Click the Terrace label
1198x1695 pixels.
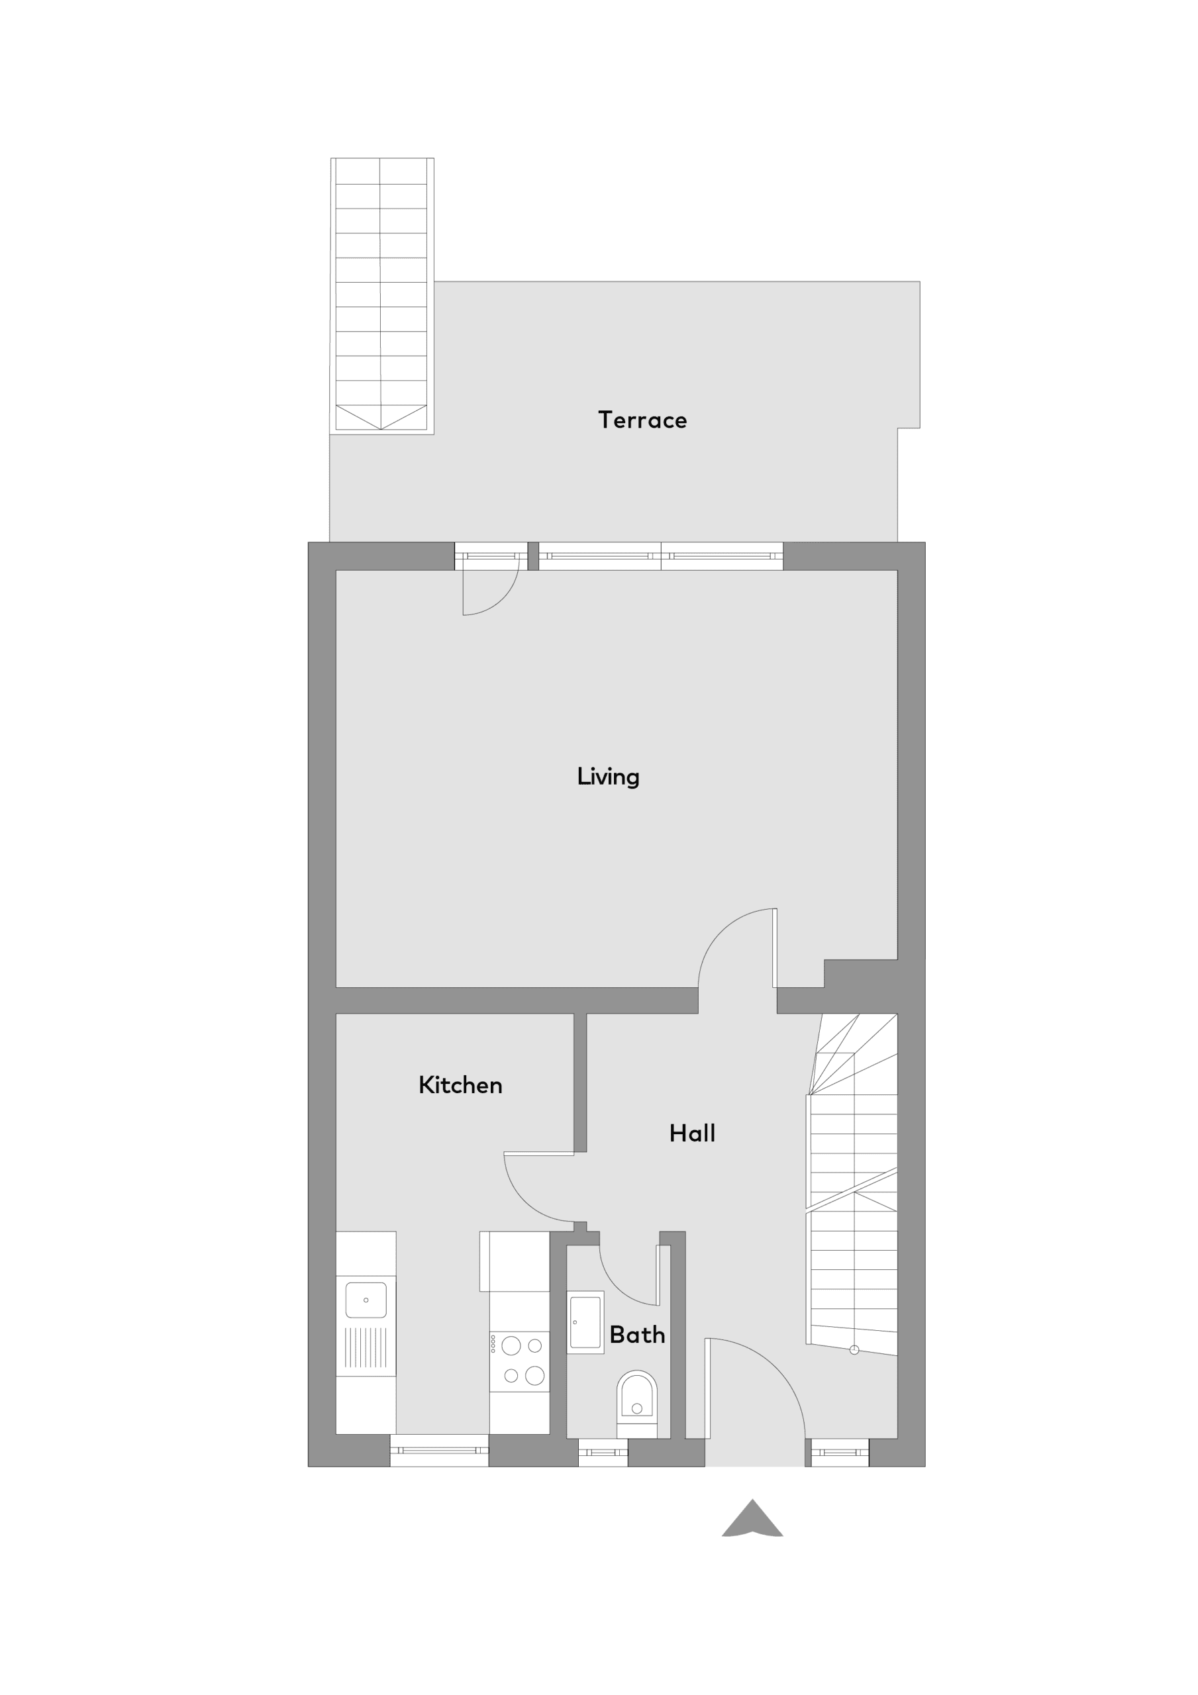[642, 420]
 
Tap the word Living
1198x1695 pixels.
[608, 777]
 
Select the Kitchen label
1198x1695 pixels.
[460, 1085]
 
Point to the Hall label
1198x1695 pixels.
[692, 1133]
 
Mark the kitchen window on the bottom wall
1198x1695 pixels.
[440, 1450]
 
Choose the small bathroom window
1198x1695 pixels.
[603, 1452]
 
